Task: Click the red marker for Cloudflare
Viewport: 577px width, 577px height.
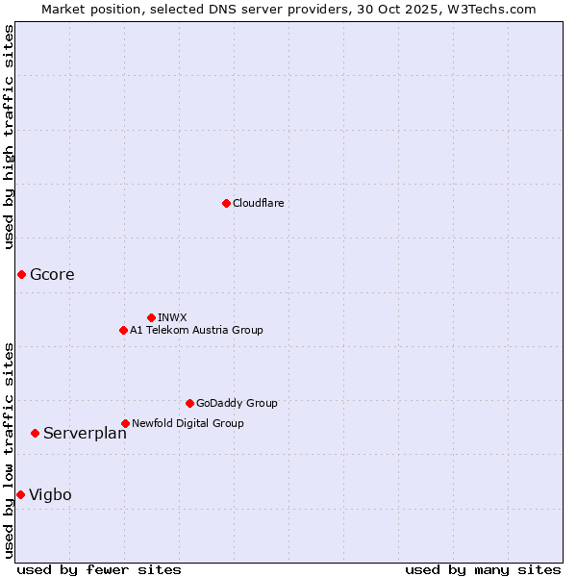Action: [x=226, y=203]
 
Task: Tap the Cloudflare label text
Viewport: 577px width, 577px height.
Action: [x=258, y=203]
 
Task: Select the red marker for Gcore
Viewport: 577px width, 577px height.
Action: [x=21, y=275]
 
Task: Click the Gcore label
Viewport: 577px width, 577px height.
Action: [x=52, y=275]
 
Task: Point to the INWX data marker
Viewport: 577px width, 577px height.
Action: [x=151, y=317]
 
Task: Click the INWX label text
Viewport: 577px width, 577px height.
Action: [x=172, y=317]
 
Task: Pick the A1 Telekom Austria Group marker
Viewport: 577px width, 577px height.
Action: [x=123, y=330]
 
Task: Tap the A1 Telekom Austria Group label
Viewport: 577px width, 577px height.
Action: [x=196, y=330]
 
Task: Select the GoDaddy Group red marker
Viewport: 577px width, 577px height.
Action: [x=189, y=403]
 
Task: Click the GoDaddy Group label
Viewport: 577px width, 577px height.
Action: [x=237, y=403]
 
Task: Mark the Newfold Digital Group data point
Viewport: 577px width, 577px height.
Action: [x=125, y=423]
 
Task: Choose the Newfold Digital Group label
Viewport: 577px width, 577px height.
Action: [x=188, y=423]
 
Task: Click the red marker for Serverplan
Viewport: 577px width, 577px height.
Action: [x=35, y=433]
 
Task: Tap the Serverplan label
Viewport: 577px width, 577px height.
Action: [x=85, y=434]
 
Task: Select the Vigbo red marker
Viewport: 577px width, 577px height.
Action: [x=20, y=494]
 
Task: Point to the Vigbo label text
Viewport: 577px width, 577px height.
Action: [x=50, y=495]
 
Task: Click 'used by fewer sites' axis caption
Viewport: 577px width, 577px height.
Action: [x=99, y=570]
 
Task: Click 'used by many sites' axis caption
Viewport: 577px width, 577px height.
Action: [x=483, y=570]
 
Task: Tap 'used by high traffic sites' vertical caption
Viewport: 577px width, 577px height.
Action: [x=9, y=137]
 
